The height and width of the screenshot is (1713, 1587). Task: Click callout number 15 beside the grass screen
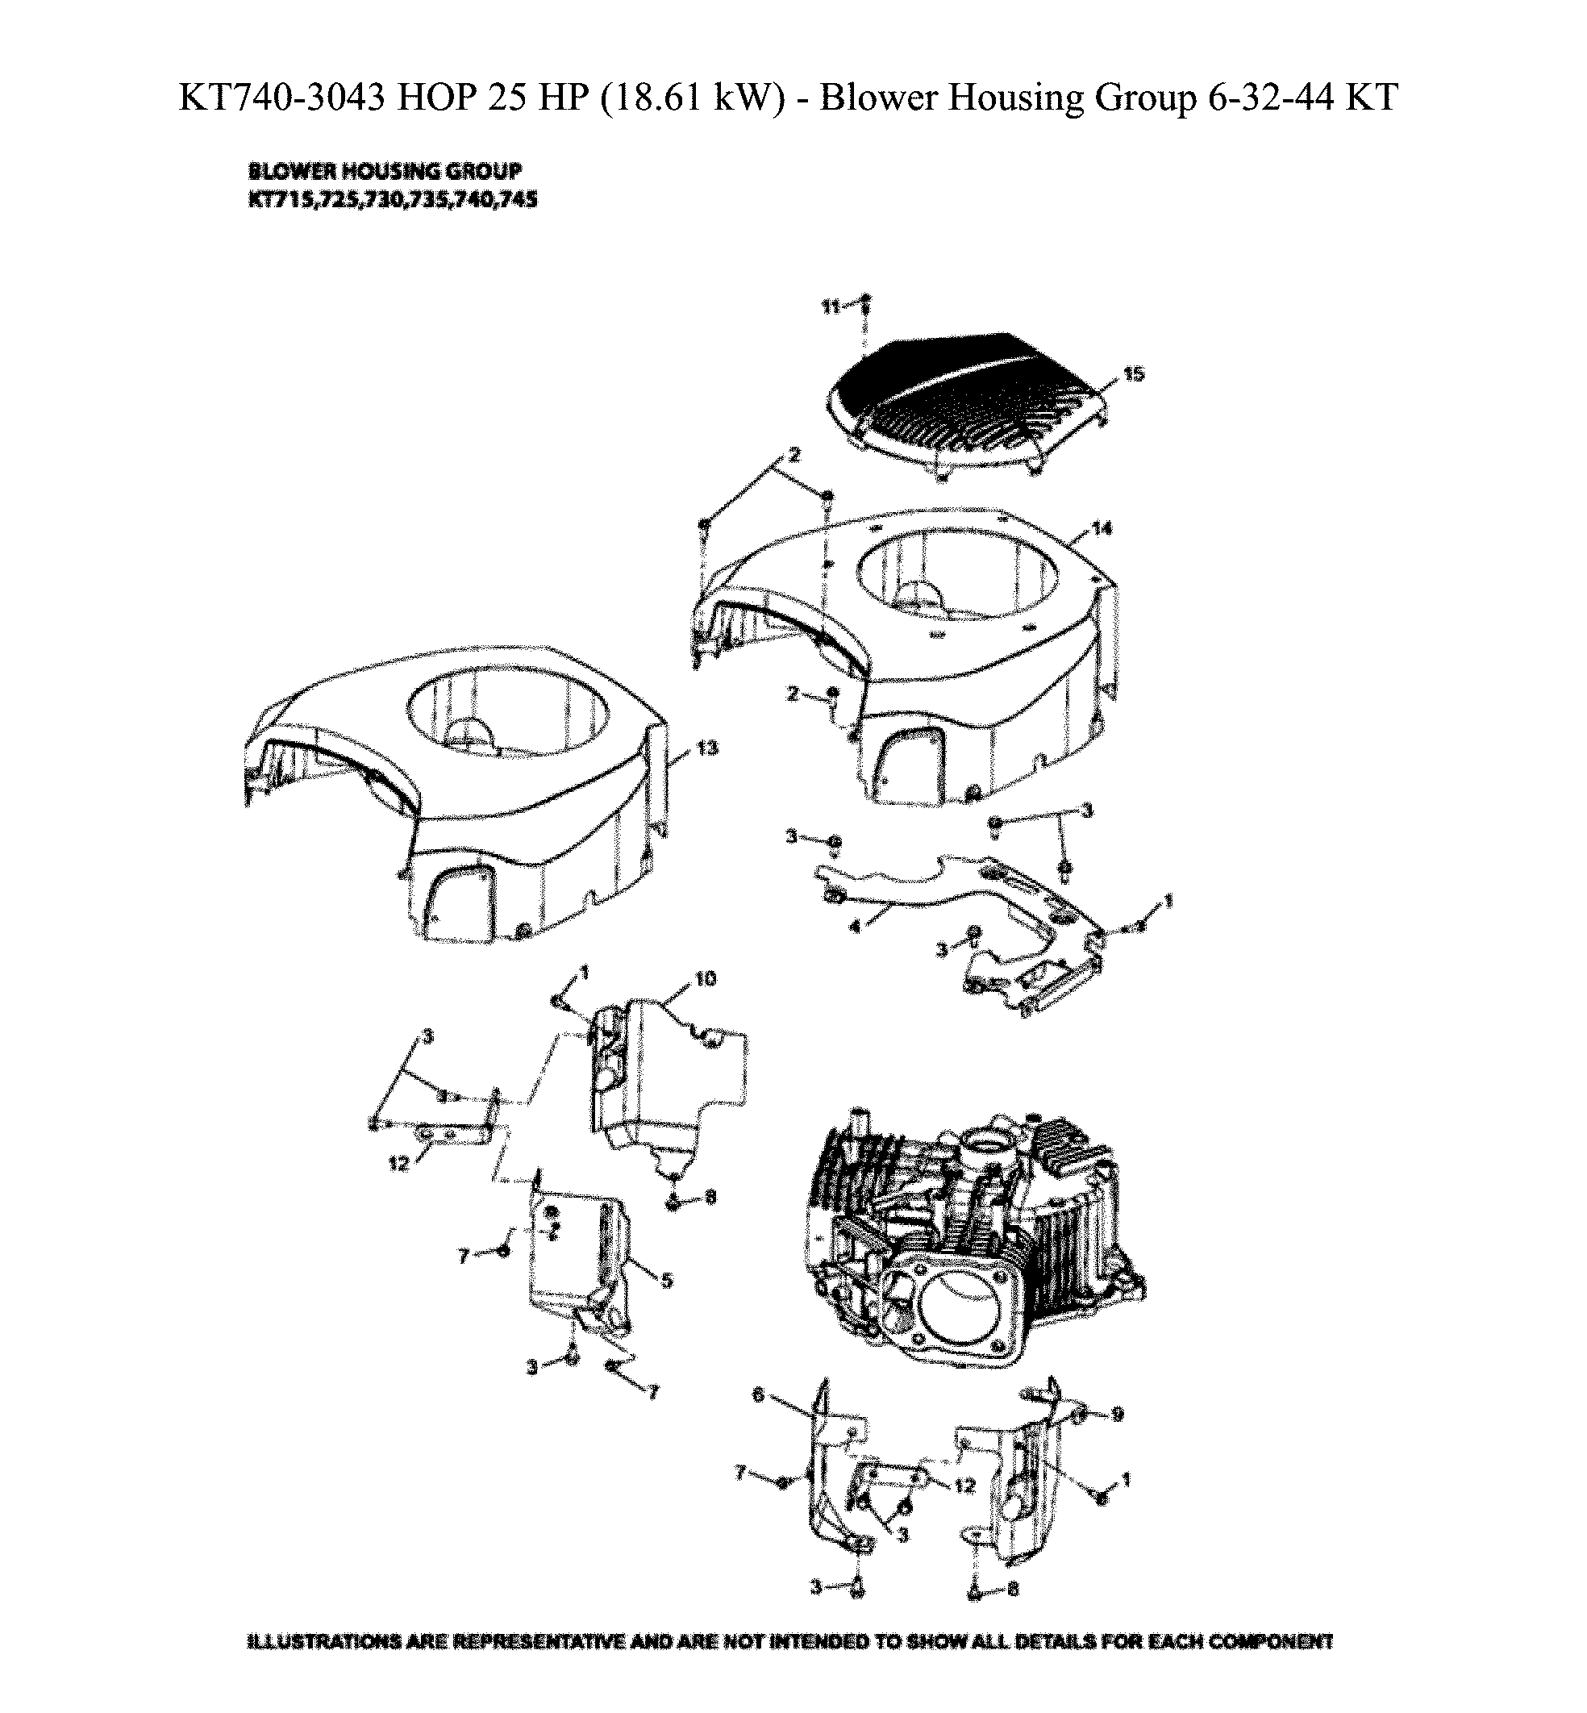click(x=1134, y=373)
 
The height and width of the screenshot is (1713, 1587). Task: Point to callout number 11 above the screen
click(x=831, y=306)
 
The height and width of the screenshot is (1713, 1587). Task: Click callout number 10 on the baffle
click(x=705, y=979)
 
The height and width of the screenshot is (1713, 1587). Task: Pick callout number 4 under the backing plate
click(x=854, y=927)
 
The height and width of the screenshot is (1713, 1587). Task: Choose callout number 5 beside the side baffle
click(x=666, y=1280)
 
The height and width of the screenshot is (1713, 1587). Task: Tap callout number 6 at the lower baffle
click(x=758, y=1396)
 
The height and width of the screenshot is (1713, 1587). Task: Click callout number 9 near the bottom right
click(x=1117, y=1414)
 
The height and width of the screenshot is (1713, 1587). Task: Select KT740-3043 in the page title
click(x=281, y=97)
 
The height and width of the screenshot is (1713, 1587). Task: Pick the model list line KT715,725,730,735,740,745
click(x=393, y=200)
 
